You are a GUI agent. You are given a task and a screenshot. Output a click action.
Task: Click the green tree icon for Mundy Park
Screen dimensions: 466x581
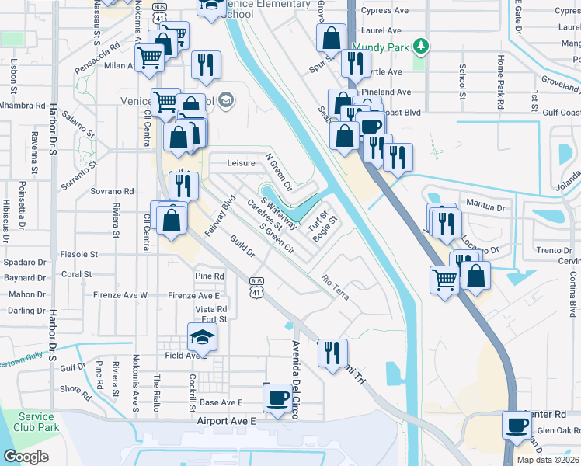tap(421, 47)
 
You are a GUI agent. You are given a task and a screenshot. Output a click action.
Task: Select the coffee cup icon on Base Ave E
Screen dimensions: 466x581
tap(277, 398)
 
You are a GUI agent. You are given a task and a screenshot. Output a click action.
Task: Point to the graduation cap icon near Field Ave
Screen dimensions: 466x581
tap(202, 337)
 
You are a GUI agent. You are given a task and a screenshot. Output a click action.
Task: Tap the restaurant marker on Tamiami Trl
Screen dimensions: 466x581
tap(332, 352)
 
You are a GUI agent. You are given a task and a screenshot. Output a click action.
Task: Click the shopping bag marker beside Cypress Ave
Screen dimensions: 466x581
tap(331, 37)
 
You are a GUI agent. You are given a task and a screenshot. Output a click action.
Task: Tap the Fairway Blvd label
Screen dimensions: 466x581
tap(219, 217)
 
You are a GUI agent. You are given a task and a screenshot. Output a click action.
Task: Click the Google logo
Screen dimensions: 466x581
tap(26, 457)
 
